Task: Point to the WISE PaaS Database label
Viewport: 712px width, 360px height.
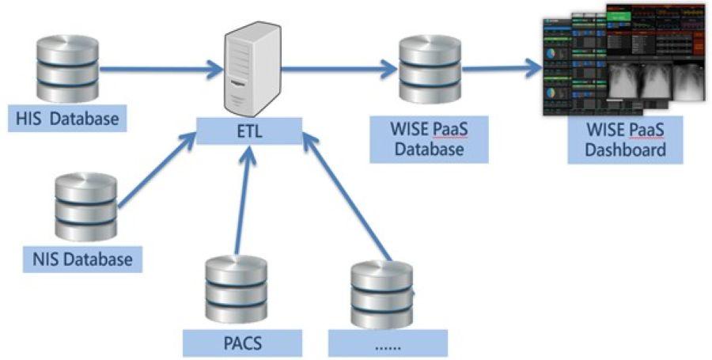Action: [419, 138]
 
